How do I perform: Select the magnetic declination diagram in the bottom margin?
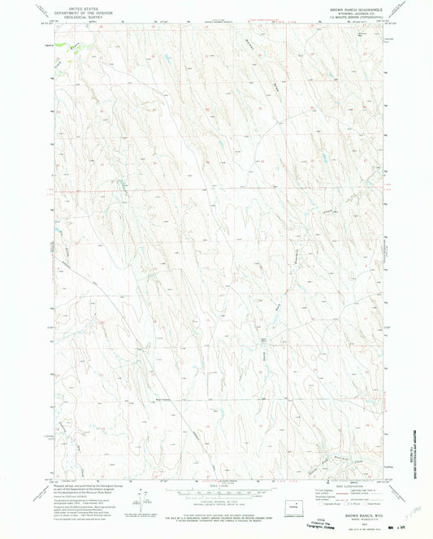tap(143, 496)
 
